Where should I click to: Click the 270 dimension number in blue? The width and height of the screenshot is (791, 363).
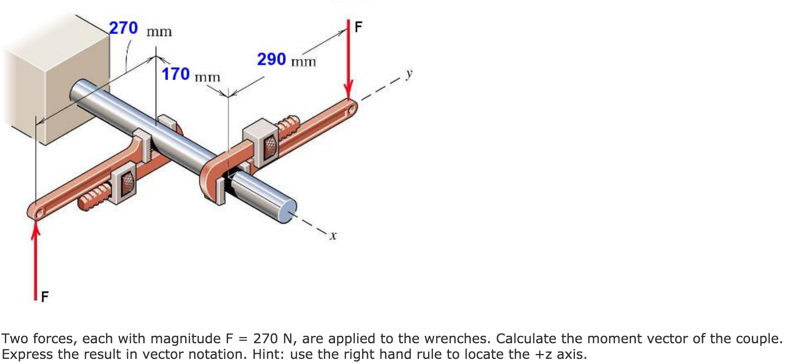(x=123, y=28)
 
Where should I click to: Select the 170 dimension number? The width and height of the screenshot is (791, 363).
(x=175, y=74)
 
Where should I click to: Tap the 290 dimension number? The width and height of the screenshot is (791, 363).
(x=271, y=59)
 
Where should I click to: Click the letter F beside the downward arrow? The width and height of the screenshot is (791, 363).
(x=358, y=27)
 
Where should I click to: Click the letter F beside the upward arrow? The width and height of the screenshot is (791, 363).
(x=44, y=296)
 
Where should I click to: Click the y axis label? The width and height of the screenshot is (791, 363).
(x=408, y=74)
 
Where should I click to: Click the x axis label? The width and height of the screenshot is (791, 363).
(x=333, y=236)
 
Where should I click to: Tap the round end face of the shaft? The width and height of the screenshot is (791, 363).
(x=287, y=211)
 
